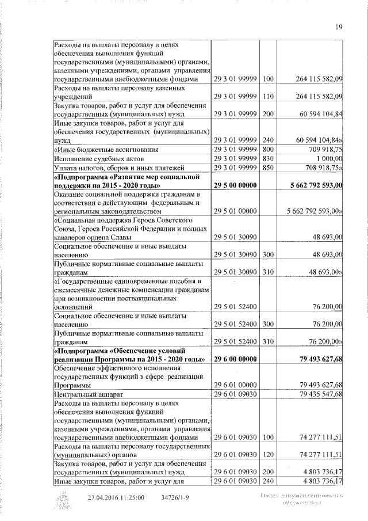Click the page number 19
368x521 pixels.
(x=338, y=25)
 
